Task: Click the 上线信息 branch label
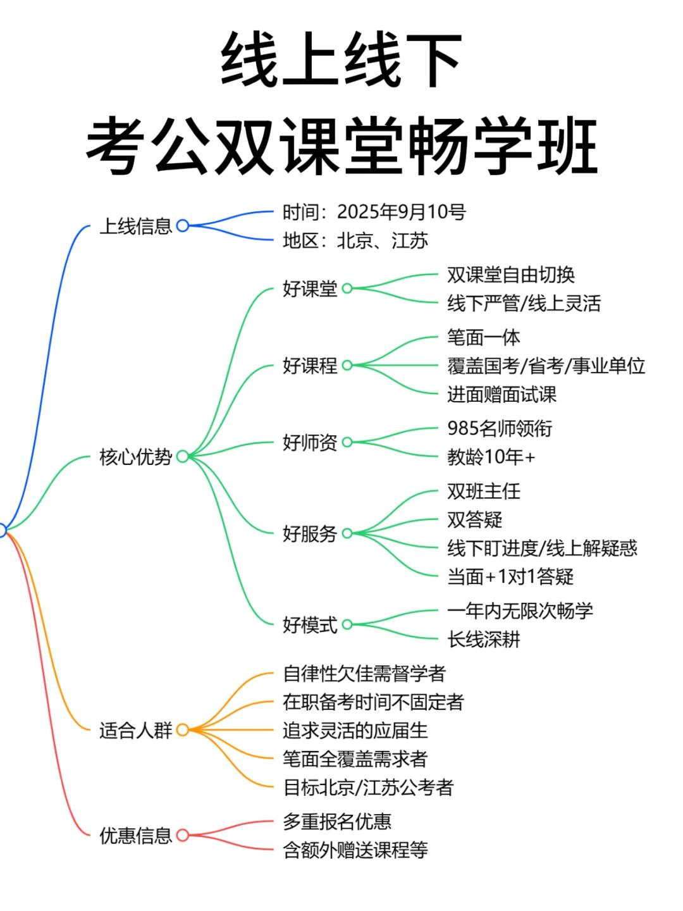coord(135,226)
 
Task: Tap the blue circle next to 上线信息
coord(183,226)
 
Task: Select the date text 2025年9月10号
coord(401,212)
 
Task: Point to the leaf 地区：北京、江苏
coord(355,241)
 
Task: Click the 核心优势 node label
coord(135,457)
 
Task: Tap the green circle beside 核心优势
coord(183,457)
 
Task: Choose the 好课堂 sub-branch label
coord(310,289)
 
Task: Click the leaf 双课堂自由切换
coord(511,275)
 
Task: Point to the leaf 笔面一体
coord(484,337)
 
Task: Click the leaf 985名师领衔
coord(500,428)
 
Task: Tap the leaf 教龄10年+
coord(491,457)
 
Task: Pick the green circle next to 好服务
coord(348,533)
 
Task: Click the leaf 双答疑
coord(474,519)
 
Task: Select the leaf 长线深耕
coord(484,639)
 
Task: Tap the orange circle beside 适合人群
coord(183,730)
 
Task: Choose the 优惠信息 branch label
coord(135,836)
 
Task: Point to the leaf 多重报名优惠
coord(337,821)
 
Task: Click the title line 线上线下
coord(341,59)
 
